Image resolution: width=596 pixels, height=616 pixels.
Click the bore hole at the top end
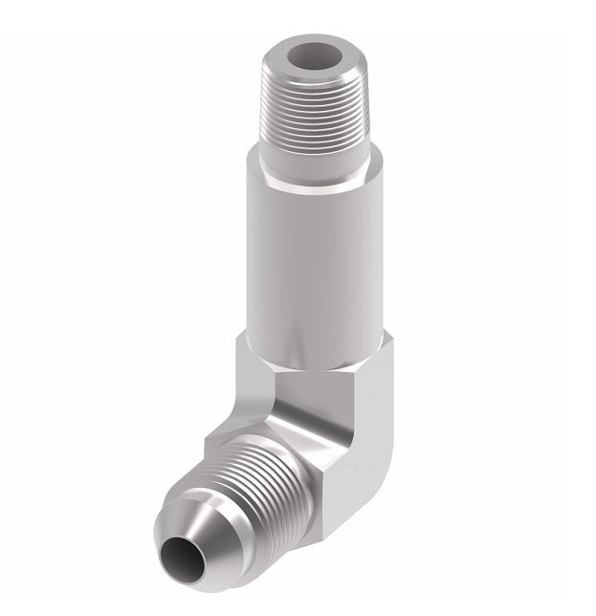(x=319, y=56)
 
